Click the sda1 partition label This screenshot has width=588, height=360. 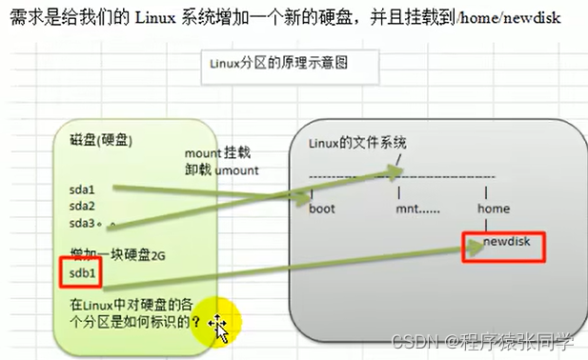coord(82,190)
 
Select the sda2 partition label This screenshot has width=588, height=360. coord(82,206)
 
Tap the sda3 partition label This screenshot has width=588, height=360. coord(82,223)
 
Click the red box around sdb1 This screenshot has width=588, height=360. coord(86,273)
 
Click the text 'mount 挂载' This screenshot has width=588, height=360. coord(221,152)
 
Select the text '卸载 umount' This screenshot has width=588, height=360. coord(220,170)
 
